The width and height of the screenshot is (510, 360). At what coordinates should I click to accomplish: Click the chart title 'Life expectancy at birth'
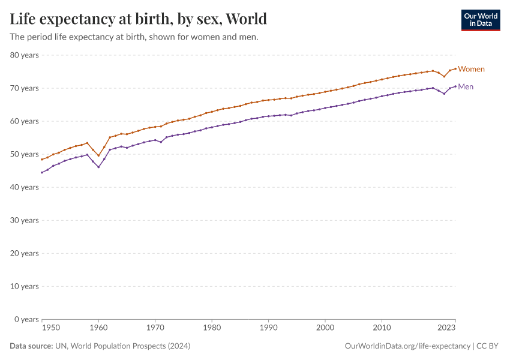pos(138,19)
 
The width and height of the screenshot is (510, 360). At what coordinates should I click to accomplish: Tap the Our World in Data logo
pos(480,20)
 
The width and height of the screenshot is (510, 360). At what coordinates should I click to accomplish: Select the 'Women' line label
pos(471,69)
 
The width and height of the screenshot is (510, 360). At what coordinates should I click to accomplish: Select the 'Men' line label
pos(466,87)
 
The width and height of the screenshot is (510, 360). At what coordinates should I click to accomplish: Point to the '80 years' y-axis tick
pos(24,55)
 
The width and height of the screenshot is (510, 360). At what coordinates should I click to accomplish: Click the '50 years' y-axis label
pos(24,154)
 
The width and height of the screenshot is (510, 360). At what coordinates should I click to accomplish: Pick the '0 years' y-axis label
pos(26,319)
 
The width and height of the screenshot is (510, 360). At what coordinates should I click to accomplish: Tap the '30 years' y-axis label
pos(24,220)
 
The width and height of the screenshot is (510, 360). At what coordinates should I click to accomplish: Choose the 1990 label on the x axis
pos(268,328)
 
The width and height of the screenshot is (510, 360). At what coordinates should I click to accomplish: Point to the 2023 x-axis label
pos(446,328)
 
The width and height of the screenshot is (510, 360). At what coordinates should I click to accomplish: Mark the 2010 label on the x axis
pos(382,328)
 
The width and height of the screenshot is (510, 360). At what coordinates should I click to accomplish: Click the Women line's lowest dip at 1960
pos(98,155)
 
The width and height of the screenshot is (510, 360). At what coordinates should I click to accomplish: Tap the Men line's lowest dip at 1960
pos(98,167)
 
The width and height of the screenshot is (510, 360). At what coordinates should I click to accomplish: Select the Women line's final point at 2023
pos(455,68)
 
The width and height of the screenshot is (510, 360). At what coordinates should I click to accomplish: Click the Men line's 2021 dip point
pos(444,94)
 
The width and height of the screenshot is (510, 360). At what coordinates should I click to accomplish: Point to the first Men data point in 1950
pos(41,172)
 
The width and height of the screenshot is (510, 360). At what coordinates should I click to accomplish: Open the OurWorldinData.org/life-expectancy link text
pos(408,346)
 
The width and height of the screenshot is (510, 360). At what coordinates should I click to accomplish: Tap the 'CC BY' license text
pos(488,346)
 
